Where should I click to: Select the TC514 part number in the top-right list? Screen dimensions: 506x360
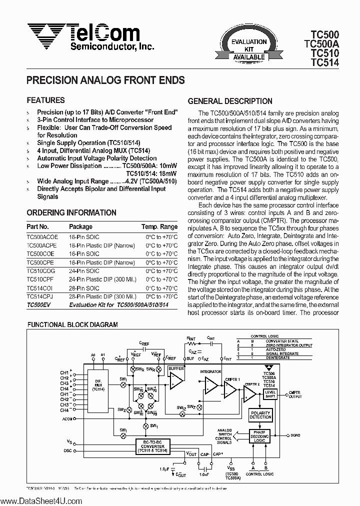324,63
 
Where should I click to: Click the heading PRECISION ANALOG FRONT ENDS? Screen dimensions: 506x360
105,80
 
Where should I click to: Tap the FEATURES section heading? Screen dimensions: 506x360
45,100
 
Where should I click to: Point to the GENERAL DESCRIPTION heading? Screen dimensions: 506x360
229,101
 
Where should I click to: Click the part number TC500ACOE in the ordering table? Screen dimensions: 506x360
42,237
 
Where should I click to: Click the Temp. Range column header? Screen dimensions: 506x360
159,226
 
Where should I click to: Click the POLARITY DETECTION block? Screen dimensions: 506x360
260,414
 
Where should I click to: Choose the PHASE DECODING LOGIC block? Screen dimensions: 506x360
259,436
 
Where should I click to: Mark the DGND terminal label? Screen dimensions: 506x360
295,436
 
